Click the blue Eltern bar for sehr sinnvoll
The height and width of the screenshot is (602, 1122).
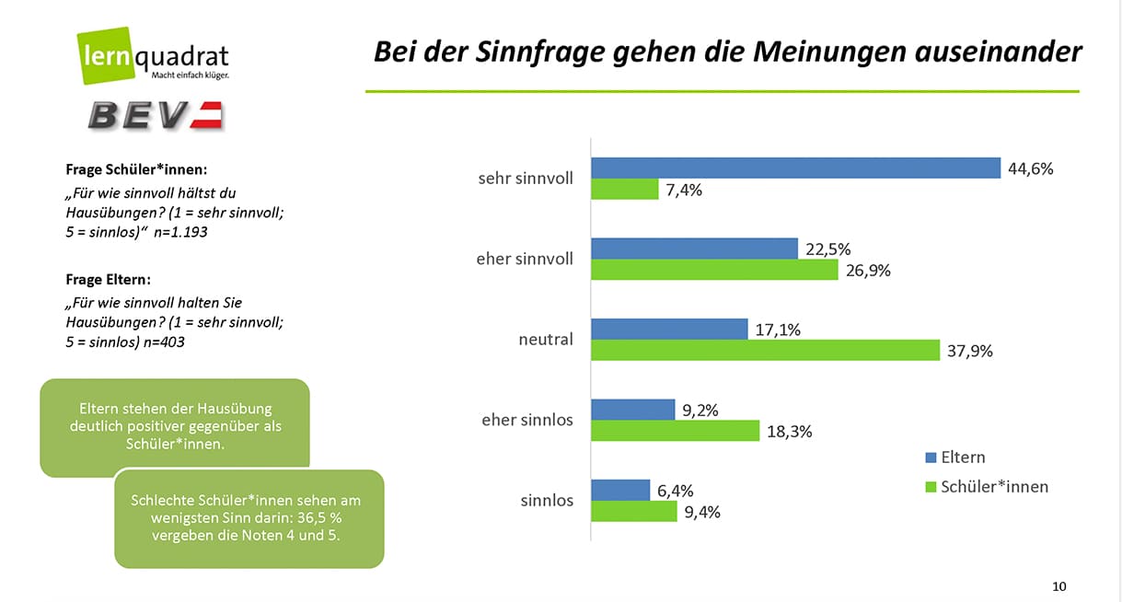(794, 168)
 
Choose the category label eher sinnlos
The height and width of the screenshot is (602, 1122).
(526, 420)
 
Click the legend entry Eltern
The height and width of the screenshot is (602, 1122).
(962, 457)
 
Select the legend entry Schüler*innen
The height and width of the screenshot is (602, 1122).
(993, 486)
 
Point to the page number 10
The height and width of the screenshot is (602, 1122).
(1058, 586)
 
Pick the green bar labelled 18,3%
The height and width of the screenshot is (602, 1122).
(674, 431)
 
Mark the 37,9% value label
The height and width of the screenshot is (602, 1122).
(970, 351)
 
